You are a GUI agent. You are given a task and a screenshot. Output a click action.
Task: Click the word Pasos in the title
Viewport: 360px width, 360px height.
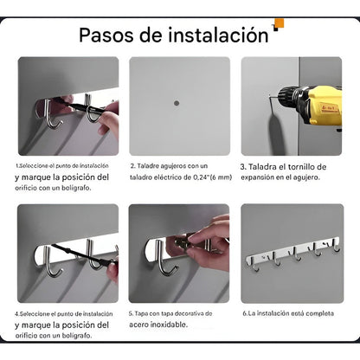pos(106,35)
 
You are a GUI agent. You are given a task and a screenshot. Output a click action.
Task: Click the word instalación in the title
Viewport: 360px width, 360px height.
pos(218,35)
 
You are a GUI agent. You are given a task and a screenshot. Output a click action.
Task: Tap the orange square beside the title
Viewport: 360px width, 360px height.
pos(280,23)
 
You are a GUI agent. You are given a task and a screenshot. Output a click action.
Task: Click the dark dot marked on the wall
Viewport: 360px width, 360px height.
pos(177,103)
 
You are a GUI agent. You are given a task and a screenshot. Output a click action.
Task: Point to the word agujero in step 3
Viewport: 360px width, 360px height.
pos(305,177)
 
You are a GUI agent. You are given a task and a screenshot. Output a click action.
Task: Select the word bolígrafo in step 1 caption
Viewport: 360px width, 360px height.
pos(76,188)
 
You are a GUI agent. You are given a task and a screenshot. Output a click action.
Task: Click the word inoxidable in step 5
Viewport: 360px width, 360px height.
pos(172,325)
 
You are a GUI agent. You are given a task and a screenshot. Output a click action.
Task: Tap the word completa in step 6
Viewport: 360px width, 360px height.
pos(319,313)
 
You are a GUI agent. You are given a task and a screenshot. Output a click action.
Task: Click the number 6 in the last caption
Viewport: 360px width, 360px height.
pos(245,313)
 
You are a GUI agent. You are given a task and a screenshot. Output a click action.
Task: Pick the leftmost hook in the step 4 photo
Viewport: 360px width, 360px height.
pos(52,262)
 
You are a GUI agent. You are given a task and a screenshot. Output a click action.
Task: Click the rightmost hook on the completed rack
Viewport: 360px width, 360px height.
pos(337,247)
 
